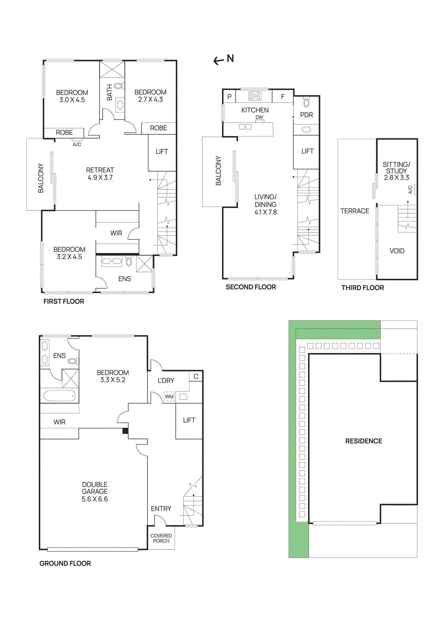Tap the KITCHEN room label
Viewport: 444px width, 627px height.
255,110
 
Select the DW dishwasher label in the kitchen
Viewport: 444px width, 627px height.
259,117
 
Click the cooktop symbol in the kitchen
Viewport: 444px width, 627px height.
255,96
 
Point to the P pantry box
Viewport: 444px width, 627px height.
229,96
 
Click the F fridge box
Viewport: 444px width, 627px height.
282,96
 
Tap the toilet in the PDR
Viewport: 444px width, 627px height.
306,103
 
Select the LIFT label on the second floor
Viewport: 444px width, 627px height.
308,151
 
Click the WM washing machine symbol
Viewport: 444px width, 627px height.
169,397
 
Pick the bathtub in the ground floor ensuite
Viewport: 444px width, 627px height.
59,396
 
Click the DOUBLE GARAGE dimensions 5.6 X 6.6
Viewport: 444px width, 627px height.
95,499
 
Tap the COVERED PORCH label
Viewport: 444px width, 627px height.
161,538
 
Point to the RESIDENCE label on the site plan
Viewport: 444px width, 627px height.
364,441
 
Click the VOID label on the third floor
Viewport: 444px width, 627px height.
397,251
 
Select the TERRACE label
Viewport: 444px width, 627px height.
355,211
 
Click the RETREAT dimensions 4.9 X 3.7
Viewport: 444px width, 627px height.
100,178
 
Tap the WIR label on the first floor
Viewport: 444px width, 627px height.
116,233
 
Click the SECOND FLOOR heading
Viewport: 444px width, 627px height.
251,287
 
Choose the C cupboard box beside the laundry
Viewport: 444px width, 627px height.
196,376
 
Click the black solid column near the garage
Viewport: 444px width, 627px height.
125,431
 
